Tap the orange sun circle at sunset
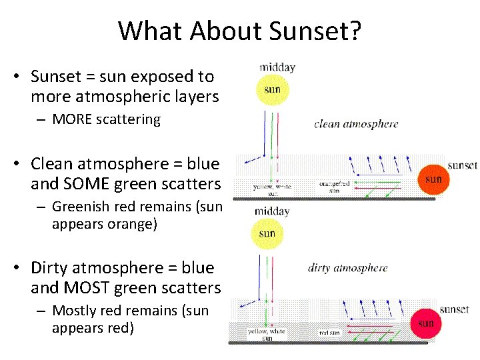(x=433, y=179)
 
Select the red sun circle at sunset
(x=426, y=323)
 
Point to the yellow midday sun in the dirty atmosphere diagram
(x=267, y=233)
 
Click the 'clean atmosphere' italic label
(x=356, y=123)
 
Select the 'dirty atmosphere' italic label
(x=347, y=268)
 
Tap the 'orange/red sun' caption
(x=335, y=187)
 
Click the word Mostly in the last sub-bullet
(x=73, y=311)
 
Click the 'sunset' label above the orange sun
(x=462, y=165)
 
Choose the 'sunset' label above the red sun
(x=454, y=309)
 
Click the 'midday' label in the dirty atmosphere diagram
(x=272, y=211)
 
